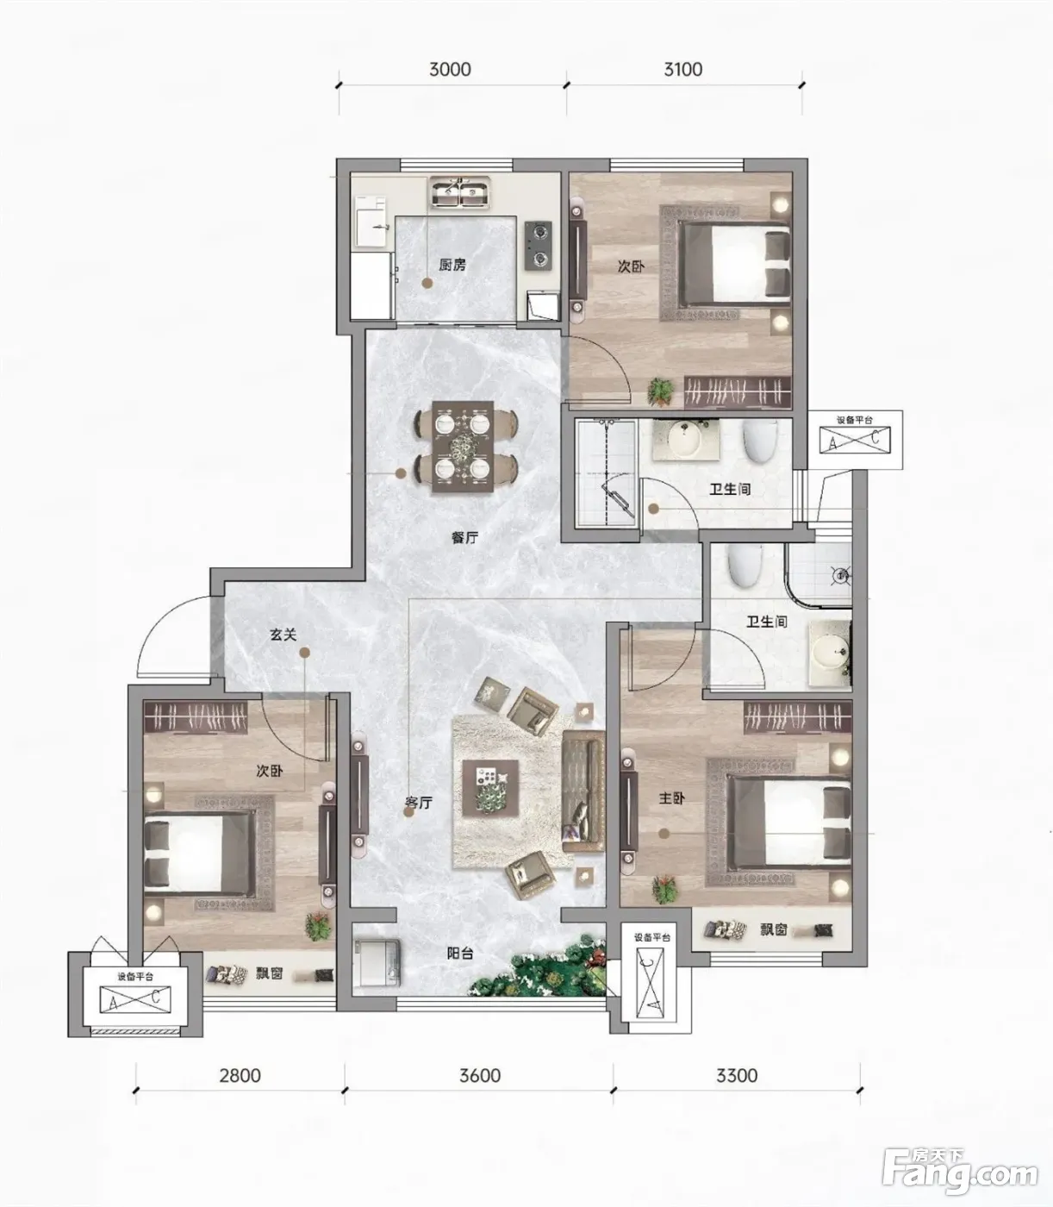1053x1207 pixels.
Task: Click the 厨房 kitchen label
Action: [x=452, y=265]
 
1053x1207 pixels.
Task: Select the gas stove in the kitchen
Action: [x=539, y=246]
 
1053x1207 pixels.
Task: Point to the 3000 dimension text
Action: [x=450, y=70]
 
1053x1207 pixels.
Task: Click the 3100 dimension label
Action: [x=682, y=70]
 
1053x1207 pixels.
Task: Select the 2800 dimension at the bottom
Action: [x=240, y=1075]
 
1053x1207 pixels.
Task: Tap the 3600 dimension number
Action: [x=480, y=1075]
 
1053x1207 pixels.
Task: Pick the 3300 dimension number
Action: [x=737, y=1075]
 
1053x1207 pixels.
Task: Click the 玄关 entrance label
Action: [x=283, y=635]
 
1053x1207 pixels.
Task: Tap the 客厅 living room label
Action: [x=419, y=803]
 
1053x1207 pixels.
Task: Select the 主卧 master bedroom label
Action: [x=671, y=798]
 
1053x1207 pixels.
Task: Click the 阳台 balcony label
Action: [x=460, y=953]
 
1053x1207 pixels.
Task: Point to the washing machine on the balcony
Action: [x=377, y=962]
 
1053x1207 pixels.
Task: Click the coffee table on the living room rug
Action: [x=490, y=788]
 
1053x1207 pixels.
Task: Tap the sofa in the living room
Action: [x=583, y=791]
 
